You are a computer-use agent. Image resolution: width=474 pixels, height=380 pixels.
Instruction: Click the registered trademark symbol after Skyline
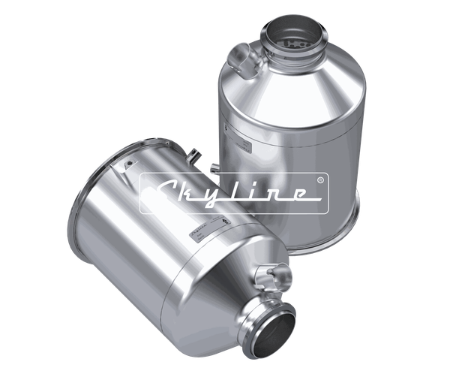(320, 180)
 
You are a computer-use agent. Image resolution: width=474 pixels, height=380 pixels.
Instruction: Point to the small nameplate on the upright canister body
(244, 143)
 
